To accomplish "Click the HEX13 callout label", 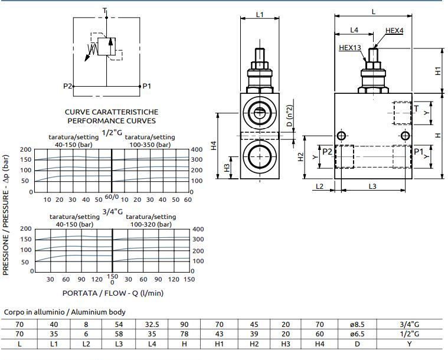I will [x=350, y=48].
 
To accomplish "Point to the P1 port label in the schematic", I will [x=147, y=86].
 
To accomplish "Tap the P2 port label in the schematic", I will [x=67, y=86].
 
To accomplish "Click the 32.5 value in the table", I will [x=152, y=323].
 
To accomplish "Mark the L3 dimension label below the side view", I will [x=372, y=186].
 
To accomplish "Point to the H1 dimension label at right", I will [x=438, y=71].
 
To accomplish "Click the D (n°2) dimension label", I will [x=289, y=116].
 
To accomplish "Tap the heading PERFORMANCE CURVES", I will [x=112, y=120].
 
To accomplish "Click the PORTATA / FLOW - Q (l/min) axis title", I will [x=113, y=292].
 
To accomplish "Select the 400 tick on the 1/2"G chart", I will [x=197, y=149].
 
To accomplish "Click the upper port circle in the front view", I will [x=258, y=111].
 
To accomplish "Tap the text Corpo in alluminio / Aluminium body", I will [x=65, y=312].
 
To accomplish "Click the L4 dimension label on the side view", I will [x=354, y=30].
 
